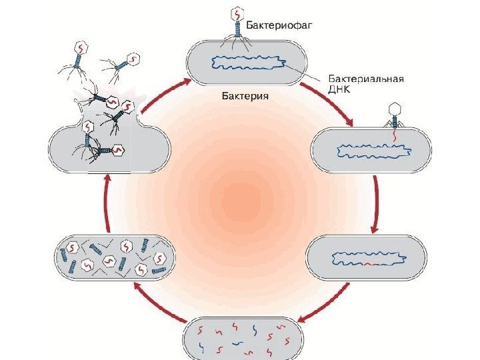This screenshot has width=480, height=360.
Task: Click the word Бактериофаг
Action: pyautogui.click(x=279, y=26)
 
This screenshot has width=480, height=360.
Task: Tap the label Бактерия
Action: pyautogui.click(x=245, y=96)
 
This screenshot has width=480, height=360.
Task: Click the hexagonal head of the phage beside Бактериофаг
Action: pyautogui.click(x=237, y=13)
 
